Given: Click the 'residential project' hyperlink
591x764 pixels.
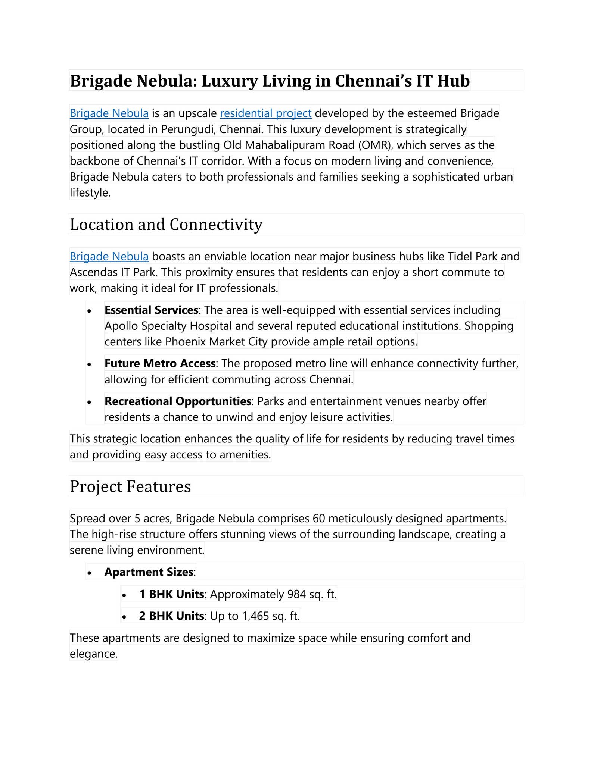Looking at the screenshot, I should (265, 113).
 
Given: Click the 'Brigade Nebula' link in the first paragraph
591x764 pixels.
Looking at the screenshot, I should (109, 113).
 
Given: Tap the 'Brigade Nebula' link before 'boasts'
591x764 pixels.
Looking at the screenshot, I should (109, 256).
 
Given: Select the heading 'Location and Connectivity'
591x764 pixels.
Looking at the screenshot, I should (166, 225).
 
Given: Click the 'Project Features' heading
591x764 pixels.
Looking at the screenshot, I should (130, 486).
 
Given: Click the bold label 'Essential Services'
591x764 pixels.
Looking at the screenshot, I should (151, 310).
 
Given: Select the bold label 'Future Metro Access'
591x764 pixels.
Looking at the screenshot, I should (160, 363).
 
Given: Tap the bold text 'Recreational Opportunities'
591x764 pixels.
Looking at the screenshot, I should (178, 401).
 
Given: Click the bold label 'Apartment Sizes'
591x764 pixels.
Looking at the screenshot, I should (149, 572).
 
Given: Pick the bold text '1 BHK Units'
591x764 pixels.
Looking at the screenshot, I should (171, 594).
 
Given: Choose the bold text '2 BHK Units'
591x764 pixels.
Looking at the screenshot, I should (171, 616).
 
